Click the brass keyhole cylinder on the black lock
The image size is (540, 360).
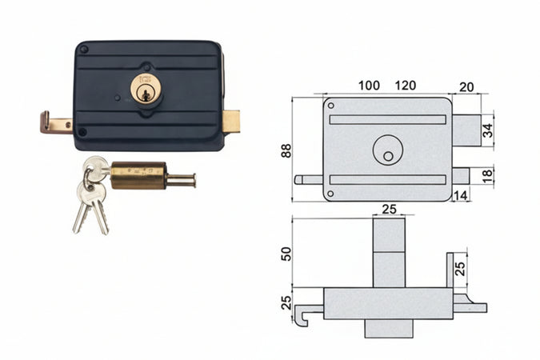[x=144, y=89]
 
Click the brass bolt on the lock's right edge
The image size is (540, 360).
[x=231, y=121]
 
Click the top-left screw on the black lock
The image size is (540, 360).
[x=83, y=49]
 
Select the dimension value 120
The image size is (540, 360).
[x=406, y=85]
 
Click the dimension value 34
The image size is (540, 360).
[x=488, y=130]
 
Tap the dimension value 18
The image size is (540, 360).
[x=488, y=174]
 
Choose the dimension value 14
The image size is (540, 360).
[x=461, y=194]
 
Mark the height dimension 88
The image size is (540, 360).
[x=286, y=150]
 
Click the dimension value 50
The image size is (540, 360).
[x=286, y=253]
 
